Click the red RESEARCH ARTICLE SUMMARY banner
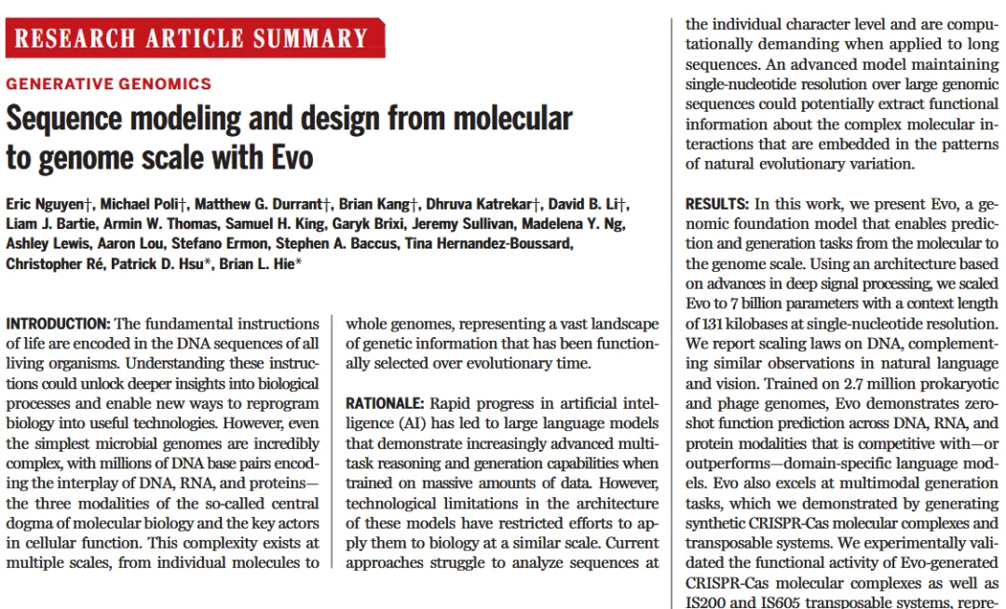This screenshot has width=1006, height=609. (194, 38)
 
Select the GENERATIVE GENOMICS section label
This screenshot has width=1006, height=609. (109, 84)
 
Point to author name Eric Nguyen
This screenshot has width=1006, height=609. (47, 204)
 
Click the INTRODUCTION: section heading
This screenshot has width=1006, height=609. (59, 324)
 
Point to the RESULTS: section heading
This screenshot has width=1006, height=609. (717, 204)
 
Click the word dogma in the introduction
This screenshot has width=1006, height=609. (28, 523)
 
